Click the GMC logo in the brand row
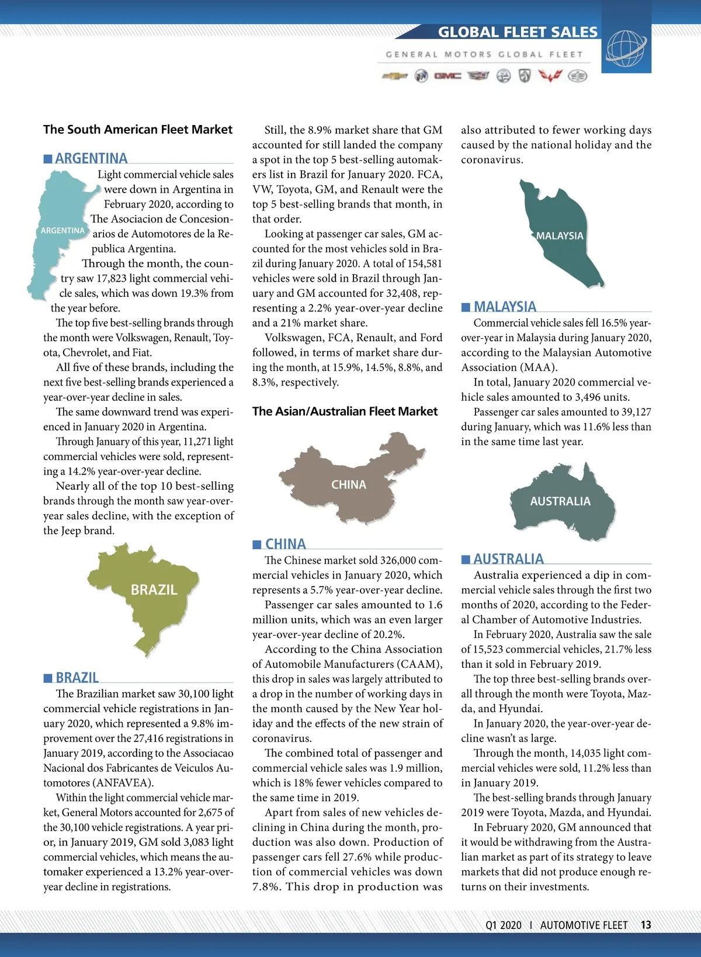pyautogui.click(x=447, y=76)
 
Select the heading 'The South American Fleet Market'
pyautogui.click(x=138, y=130)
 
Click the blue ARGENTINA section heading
pyautogui.click(x=91, y=158)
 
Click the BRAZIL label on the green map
pyautogui.click(x=154, y=590)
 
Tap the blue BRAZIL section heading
pyautogui.click(x=77, y=678)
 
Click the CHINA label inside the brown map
pyautogui.click(x=349, y=484)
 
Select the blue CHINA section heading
pyautogui.click(x=285, y=544)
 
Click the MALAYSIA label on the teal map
pyautogui.click(x=560, y=236)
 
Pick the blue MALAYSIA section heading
pyautogui.click(x=505, y=307)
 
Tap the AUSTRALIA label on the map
pyautogui.click(x=560, y=501)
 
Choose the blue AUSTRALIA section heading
pyautogui.click(x=508, y=559)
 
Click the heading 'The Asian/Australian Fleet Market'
pyautogui.click(x=345, y=411)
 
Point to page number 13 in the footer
pyautogui.click(x=646, y=925)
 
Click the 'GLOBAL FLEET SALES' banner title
pyautogui.click(x=518, y=32)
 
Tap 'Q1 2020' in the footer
pyautogui.click(x=504, y=925)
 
